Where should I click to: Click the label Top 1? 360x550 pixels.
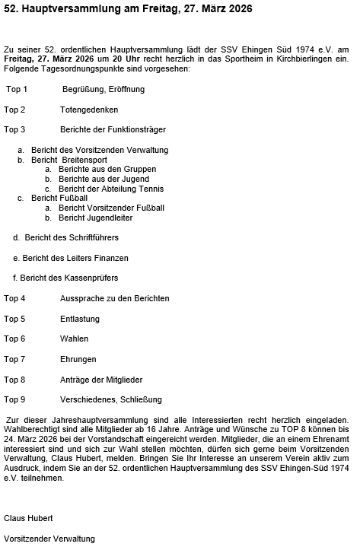(x=16, y=89)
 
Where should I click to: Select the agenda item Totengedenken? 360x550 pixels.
(x=88, y=110)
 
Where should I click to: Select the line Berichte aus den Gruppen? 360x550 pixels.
(x=107, y=169)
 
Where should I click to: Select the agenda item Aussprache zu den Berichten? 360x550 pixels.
(x=114, y=298)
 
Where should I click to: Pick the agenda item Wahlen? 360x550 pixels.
(x=74, y=339)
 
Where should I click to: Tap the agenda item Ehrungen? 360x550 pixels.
(x=78, y=359)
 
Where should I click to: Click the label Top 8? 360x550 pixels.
(x=14, y=379)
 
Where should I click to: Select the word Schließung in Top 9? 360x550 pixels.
(x=139, y=399)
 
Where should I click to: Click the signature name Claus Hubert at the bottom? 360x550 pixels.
(x=28, y=518)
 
